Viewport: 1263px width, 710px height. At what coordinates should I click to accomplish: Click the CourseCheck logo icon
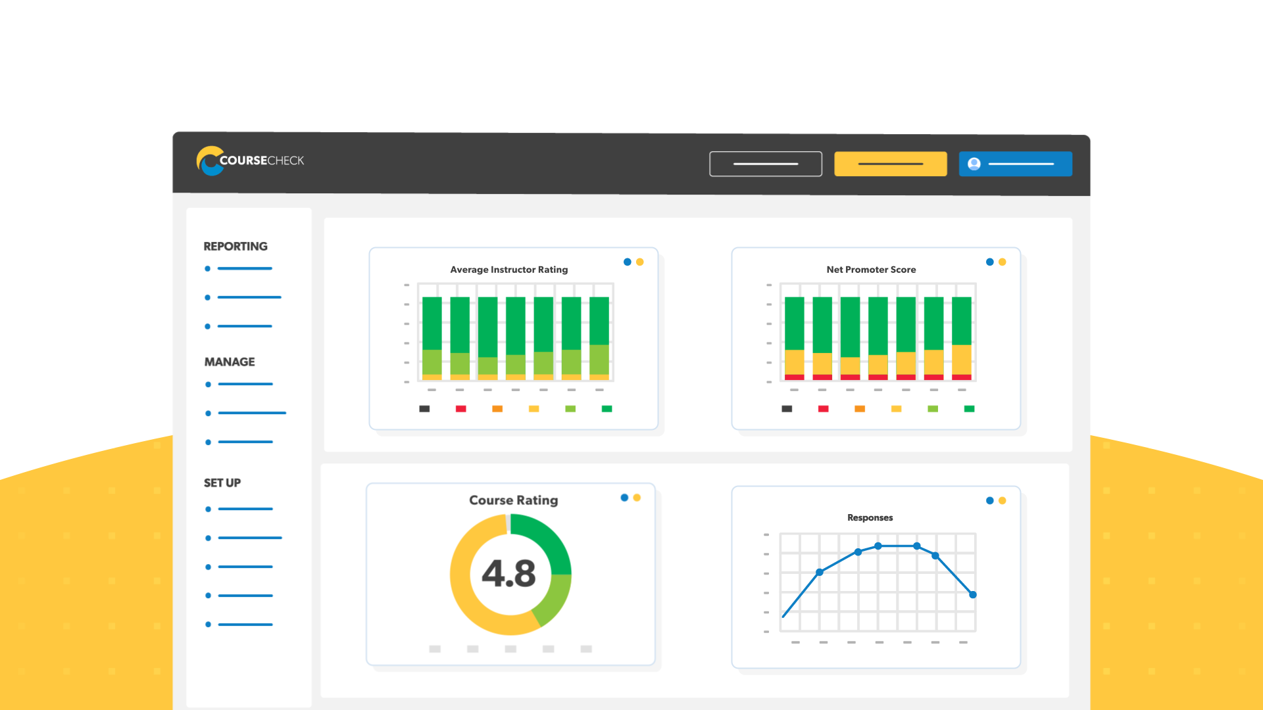click(210, 161)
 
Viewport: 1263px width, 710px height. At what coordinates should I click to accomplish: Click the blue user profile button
click(1015, 164)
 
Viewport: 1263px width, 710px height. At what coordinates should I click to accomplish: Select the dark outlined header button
click(765, 164)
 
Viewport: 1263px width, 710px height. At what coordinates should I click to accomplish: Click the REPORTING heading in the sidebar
click(235, 247)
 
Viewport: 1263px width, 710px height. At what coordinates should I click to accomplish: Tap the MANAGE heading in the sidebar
click(230, 362)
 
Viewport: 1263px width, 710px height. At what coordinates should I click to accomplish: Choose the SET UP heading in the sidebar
click(222, 483)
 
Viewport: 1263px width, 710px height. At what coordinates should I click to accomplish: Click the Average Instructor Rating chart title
click(508, 270)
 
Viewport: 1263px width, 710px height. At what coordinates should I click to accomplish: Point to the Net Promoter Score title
click(871, 270)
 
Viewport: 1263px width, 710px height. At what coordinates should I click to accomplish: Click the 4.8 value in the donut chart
click(508, 573)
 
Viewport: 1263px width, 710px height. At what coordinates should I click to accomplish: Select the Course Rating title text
click(513, 500)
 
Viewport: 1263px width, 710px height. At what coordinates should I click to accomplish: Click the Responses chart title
click(870, 518)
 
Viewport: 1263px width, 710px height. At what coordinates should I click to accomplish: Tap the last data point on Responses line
click(973, 595)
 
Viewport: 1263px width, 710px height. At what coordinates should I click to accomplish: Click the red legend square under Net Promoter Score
click(823, 409)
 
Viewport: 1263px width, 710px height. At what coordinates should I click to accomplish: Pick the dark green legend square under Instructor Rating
click(607, 409)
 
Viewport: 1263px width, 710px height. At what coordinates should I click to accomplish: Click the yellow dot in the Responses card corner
click(1003, 501)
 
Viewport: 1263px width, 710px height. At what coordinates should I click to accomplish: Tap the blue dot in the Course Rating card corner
click(624, 498)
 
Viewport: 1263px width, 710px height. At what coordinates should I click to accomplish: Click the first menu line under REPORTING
click(244, 269)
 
